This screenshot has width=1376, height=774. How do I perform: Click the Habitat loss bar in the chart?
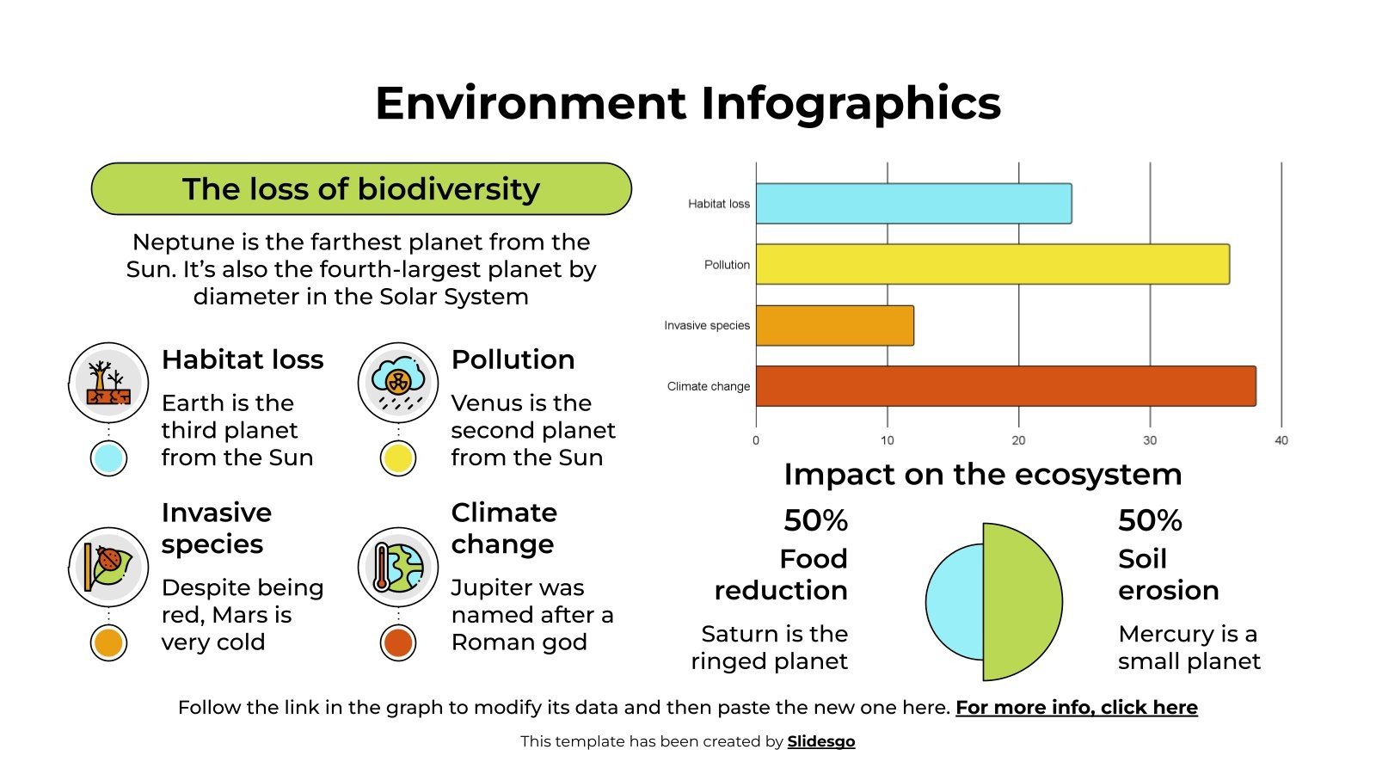click(913, 204)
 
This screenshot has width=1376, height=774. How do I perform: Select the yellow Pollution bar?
click(992, 264)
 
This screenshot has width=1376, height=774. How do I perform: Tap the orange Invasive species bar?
click(834, 326)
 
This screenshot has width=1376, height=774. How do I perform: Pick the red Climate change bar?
click(1005, 386)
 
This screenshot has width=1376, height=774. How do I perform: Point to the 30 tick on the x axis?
click(1150, 440)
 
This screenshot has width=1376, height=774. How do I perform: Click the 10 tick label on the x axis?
click(887, 440)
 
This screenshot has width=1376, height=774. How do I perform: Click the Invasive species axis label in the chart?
click(706, 326)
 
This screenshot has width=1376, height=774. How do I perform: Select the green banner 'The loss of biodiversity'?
click(361, 189)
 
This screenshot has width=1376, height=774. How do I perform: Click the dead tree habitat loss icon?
click(108, 383)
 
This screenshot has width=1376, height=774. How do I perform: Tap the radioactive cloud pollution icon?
click(398, 383)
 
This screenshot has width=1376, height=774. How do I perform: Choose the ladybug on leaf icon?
click(108, 568)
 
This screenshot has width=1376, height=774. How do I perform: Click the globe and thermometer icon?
click(398, 568)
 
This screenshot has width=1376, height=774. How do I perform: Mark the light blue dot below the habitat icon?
click(108, 458)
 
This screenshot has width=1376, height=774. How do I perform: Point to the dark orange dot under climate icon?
click(398, 642)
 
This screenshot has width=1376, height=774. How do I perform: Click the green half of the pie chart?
click(1022, 602)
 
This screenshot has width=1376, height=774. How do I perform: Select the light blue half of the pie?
click(955, 602)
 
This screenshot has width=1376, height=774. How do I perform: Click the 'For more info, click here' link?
click(1076, 708)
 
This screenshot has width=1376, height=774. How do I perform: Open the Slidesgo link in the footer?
click(820, 741)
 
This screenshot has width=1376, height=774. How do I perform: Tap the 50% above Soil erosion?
click(1150, 520)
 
